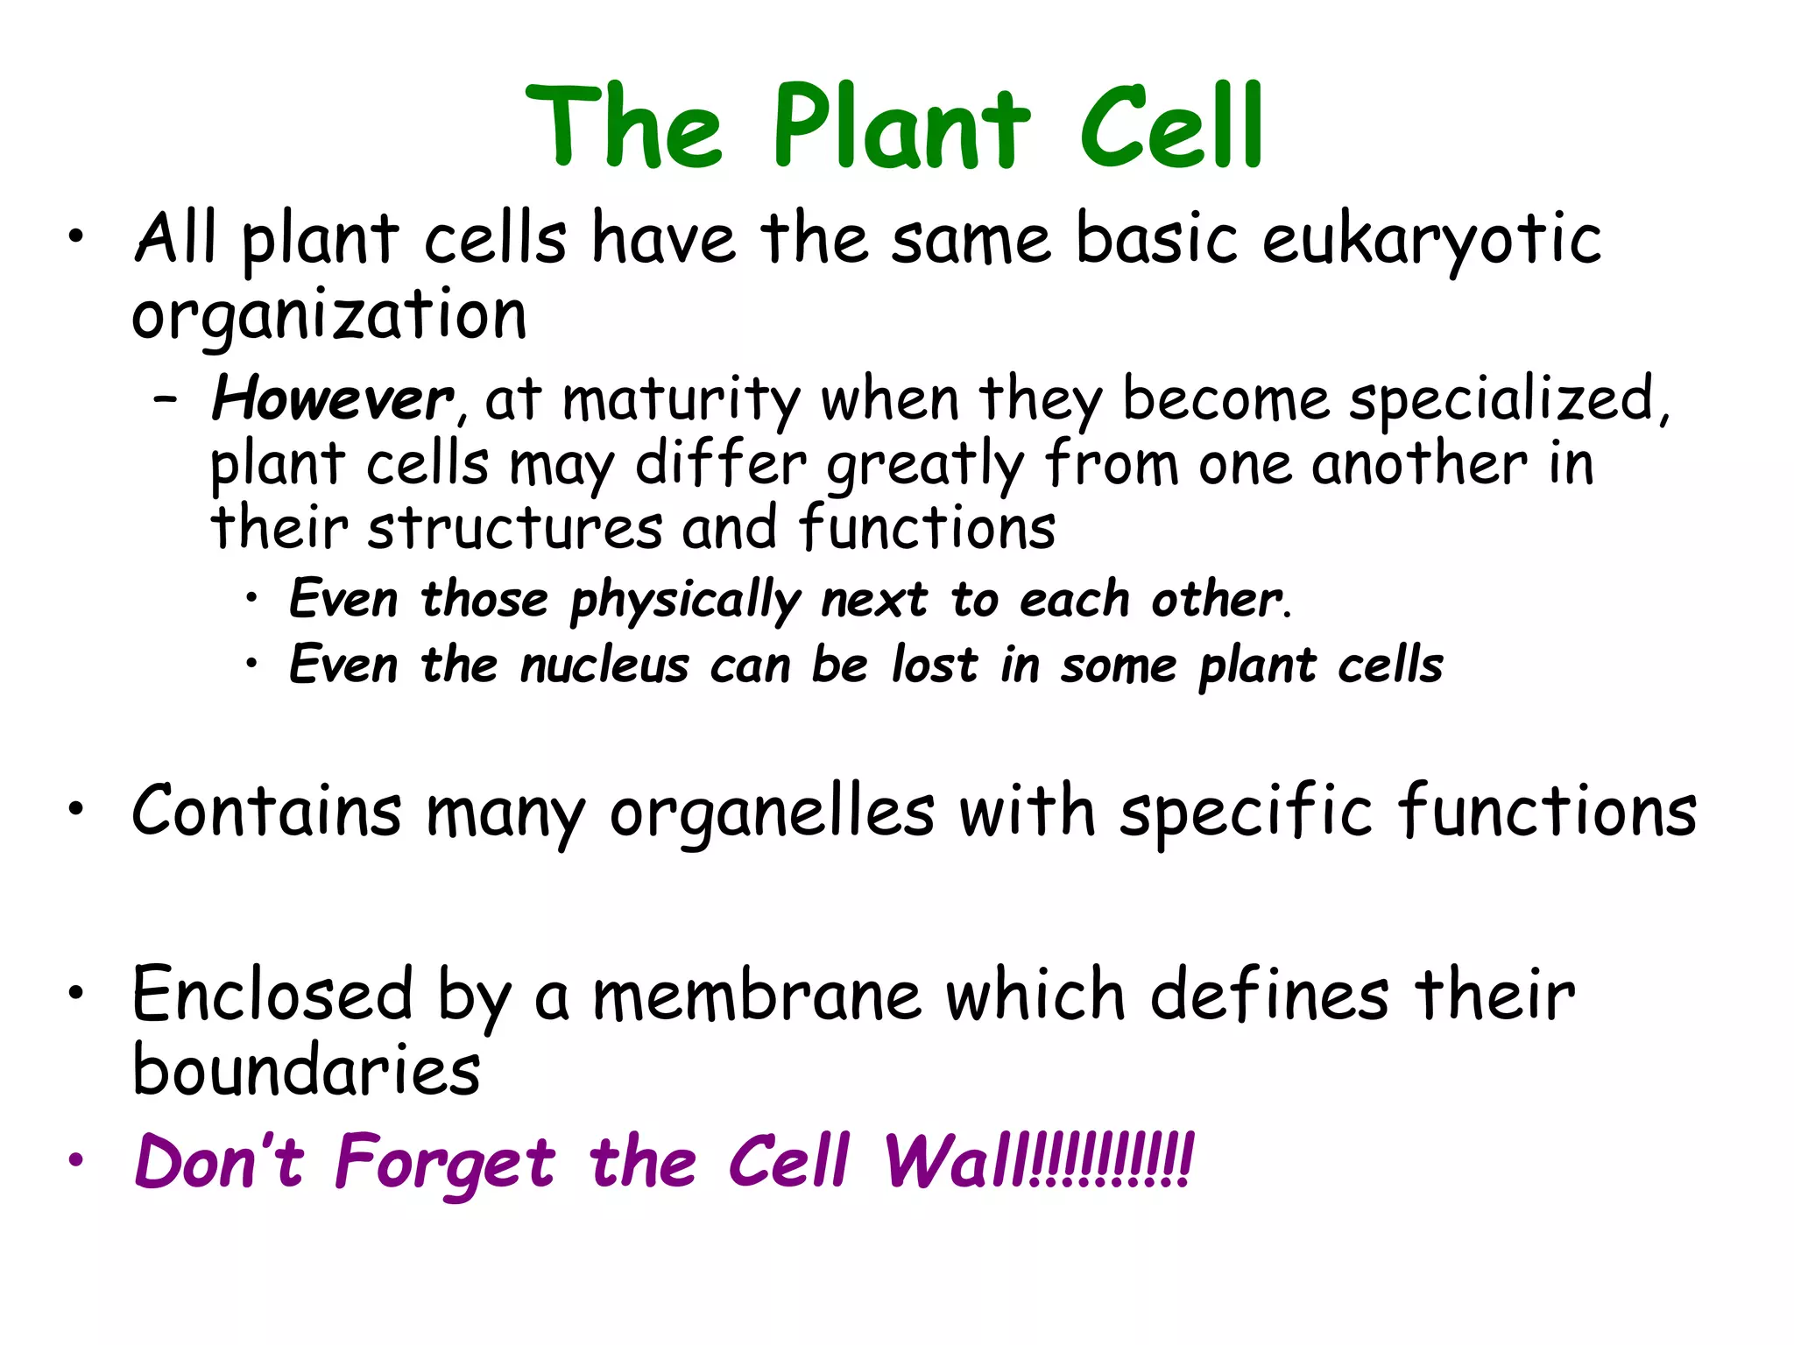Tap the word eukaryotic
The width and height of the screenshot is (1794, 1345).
[1431, 239]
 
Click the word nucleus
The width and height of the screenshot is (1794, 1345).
[604, 665]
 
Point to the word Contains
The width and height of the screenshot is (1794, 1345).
[266, 811]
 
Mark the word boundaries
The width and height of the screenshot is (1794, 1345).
[307, 1070]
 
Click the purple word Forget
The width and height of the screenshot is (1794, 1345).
[445, 1163]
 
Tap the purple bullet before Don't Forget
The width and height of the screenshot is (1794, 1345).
[77, 1160]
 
